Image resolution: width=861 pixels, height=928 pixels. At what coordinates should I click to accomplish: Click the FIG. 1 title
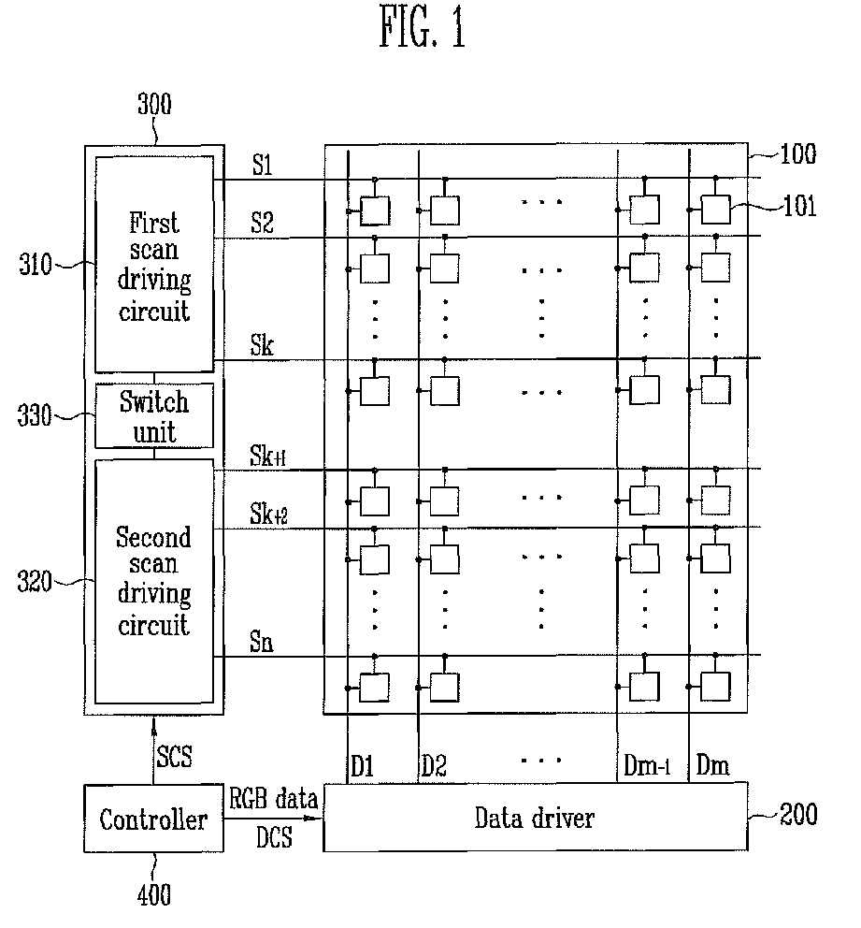[423, 26]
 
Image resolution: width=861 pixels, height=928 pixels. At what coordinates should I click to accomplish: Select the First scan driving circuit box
[154, 264]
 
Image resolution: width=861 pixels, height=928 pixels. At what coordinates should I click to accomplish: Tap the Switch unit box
[154, 415]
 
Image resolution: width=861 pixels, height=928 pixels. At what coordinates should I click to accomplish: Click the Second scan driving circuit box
[154, 581]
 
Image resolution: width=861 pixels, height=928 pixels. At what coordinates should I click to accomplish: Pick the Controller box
[153, 819]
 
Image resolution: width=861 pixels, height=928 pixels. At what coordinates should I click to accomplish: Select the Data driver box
[536, 818]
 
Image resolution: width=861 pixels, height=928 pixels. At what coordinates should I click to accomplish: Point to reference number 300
[154, 104]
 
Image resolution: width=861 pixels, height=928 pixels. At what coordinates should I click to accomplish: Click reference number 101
[800, 206]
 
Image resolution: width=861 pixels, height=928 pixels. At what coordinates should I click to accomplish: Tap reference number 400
[153, 895]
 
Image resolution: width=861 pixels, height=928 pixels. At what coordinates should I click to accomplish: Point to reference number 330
[35, 415]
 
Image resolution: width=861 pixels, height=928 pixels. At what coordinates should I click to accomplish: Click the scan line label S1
[263, 166]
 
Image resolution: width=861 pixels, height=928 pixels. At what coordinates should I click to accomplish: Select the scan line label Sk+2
[268, 514]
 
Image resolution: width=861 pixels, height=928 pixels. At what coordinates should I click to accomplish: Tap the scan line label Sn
[262, 642]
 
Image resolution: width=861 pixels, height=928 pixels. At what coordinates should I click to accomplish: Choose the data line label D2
[434, 766]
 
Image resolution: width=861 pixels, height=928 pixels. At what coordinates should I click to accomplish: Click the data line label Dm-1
[647, 766]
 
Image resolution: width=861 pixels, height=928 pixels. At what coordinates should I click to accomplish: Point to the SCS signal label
[175, 757]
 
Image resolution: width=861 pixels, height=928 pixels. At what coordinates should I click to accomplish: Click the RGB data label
[273, 798]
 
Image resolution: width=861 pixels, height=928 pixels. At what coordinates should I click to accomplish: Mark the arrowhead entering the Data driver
[315, 819]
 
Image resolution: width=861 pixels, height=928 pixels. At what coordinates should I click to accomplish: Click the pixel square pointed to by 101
[715, 210]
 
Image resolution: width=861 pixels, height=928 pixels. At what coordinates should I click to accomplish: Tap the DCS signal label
[275, 837]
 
